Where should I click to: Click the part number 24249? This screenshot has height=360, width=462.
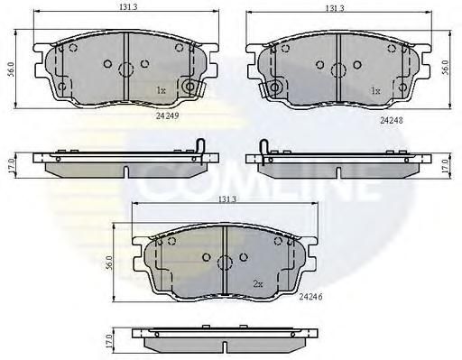(x=167, y=115)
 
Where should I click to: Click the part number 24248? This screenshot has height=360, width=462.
(x=391, y=120)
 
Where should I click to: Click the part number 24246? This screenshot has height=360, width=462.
(x=310, y=297)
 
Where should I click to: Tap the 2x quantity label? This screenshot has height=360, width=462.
(x=258, y=283)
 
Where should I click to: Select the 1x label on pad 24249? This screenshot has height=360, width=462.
(x=161, y=90)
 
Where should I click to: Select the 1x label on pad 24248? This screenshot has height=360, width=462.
(x=375, y=90)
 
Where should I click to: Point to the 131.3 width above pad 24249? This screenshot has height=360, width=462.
(x=128, y=6)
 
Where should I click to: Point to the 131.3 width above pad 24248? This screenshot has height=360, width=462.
(x=335, y=8)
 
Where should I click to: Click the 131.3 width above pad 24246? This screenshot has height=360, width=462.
(x=227, y=199)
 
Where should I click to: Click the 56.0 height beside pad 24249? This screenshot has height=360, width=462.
(x=11, y=69)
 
